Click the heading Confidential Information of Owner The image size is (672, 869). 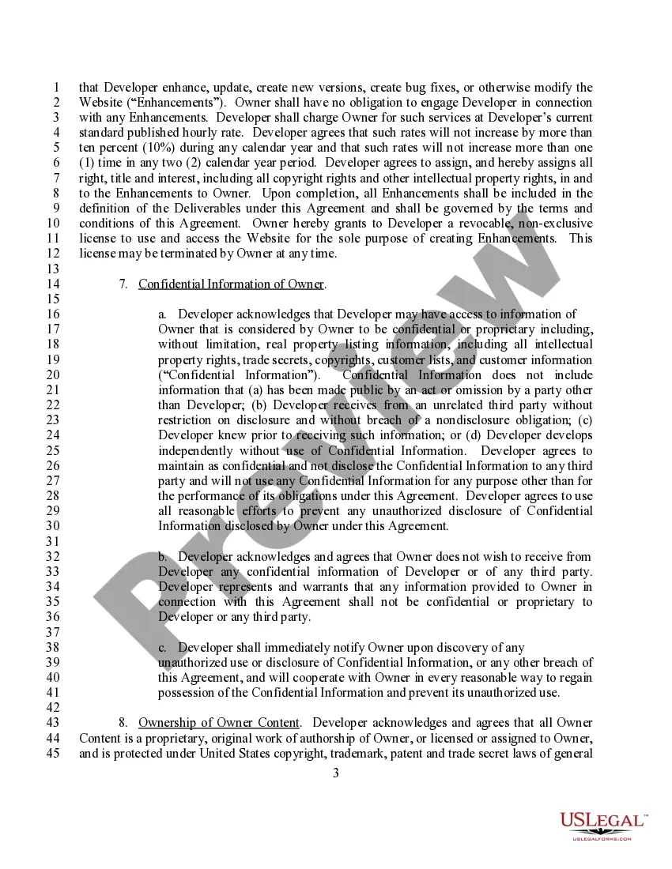click(232, 284)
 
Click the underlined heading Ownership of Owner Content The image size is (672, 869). click(219, 723)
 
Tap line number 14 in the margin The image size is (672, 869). click(54, 284)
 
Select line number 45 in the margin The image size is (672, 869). click(54, 753)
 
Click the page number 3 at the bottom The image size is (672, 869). click(335, 773)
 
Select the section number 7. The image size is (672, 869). click(123, 284)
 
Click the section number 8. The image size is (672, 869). click(123, 723)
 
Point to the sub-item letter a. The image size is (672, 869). click(162, 314)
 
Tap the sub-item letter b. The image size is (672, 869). click(162, 557)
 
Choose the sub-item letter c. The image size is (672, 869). click(162, 648)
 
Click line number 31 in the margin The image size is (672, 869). click(54, 542)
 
